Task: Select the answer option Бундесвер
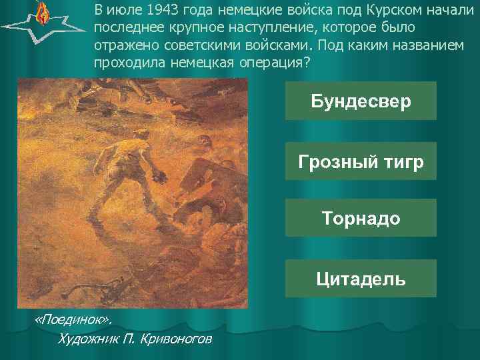click(x=361, y=101)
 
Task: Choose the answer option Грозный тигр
click(x=361, y=161)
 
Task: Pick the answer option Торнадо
click(x=361, y=218)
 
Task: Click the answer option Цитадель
click(x=361, y=278)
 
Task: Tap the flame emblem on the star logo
click(x=42, y=13)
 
